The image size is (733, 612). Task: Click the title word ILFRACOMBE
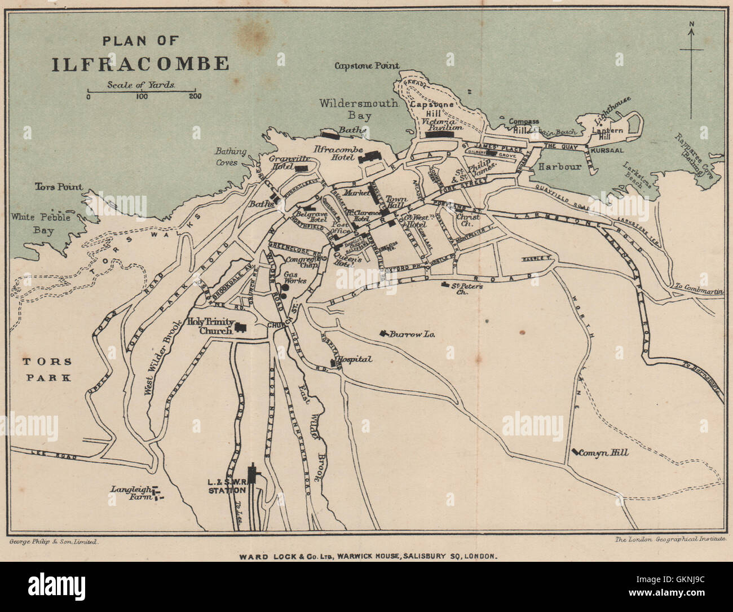coord(140,63)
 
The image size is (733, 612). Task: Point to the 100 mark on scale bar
coord(142,96)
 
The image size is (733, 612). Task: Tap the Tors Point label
coord(59,187)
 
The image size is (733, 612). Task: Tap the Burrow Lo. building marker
coord(385,333)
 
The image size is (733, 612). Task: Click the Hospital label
coord(354,359)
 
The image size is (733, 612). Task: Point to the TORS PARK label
coord(47,369)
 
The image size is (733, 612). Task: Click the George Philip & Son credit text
coord(55,541)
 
